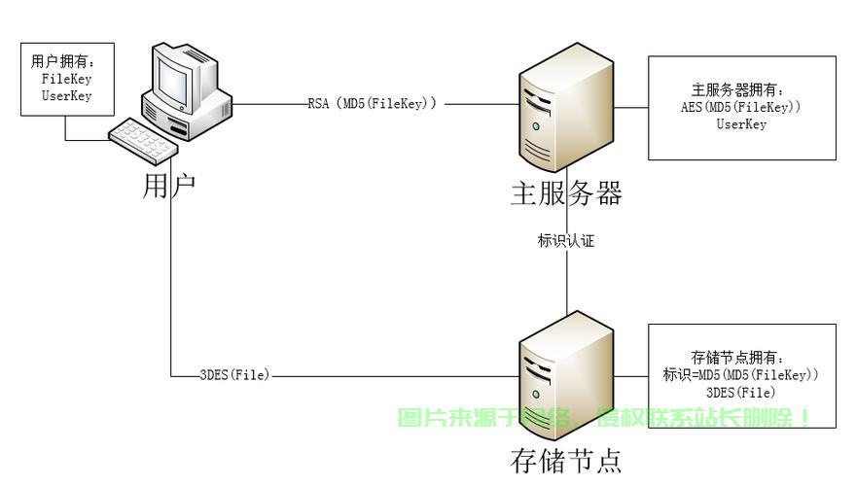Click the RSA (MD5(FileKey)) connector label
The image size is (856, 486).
372,103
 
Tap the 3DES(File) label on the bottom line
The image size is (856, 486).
234,375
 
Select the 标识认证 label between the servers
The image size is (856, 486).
566,240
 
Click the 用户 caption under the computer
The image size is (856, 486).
168,187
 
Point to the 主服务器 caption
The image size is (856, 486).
566,193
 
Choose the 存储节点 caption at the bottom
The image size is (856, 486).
566,461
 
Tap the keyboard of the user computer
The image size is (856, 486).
143,141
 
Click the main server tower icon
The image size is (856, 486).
566,107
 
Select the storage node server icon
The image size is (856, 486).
566,376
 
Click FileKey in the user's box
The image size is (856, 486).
66,79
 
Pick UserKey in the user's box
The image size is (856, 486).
66,96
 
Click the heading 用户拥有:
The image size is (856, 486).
63,61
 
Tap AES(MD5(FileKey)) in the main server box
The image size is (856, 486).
741,107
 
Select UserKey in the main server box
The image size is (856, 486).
741,124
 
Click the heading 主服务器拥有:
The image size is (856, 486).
737,89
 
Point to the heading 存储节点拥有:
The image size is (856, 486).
737,358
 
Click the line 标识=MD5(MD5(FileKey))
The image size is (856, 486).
741,375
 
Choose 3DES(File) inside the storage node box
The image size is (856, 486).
741,393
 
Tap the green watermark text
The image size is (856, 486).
603,418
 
